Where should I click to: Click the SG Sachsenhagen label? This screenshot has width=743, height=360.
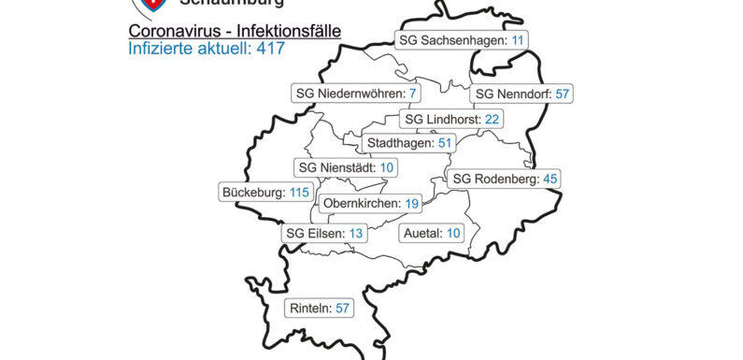[461, 40]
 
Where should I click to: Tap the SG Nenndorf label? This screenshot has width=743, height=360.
[522, 94]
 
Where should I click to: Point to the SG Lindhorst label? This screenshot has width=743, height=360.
[451, 120]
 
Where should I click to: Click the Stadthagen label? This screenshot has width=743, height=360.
[409, 143]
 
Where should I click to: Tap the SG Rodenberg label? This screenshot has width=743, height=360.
[504, 179]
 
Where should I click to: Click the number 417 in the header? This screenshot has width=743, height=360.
[271, 46]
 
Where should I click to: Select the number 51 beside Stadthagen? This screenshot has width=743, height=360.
[445, 143]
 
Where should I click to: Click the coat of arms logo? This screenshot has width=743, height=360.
[146, 5]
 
